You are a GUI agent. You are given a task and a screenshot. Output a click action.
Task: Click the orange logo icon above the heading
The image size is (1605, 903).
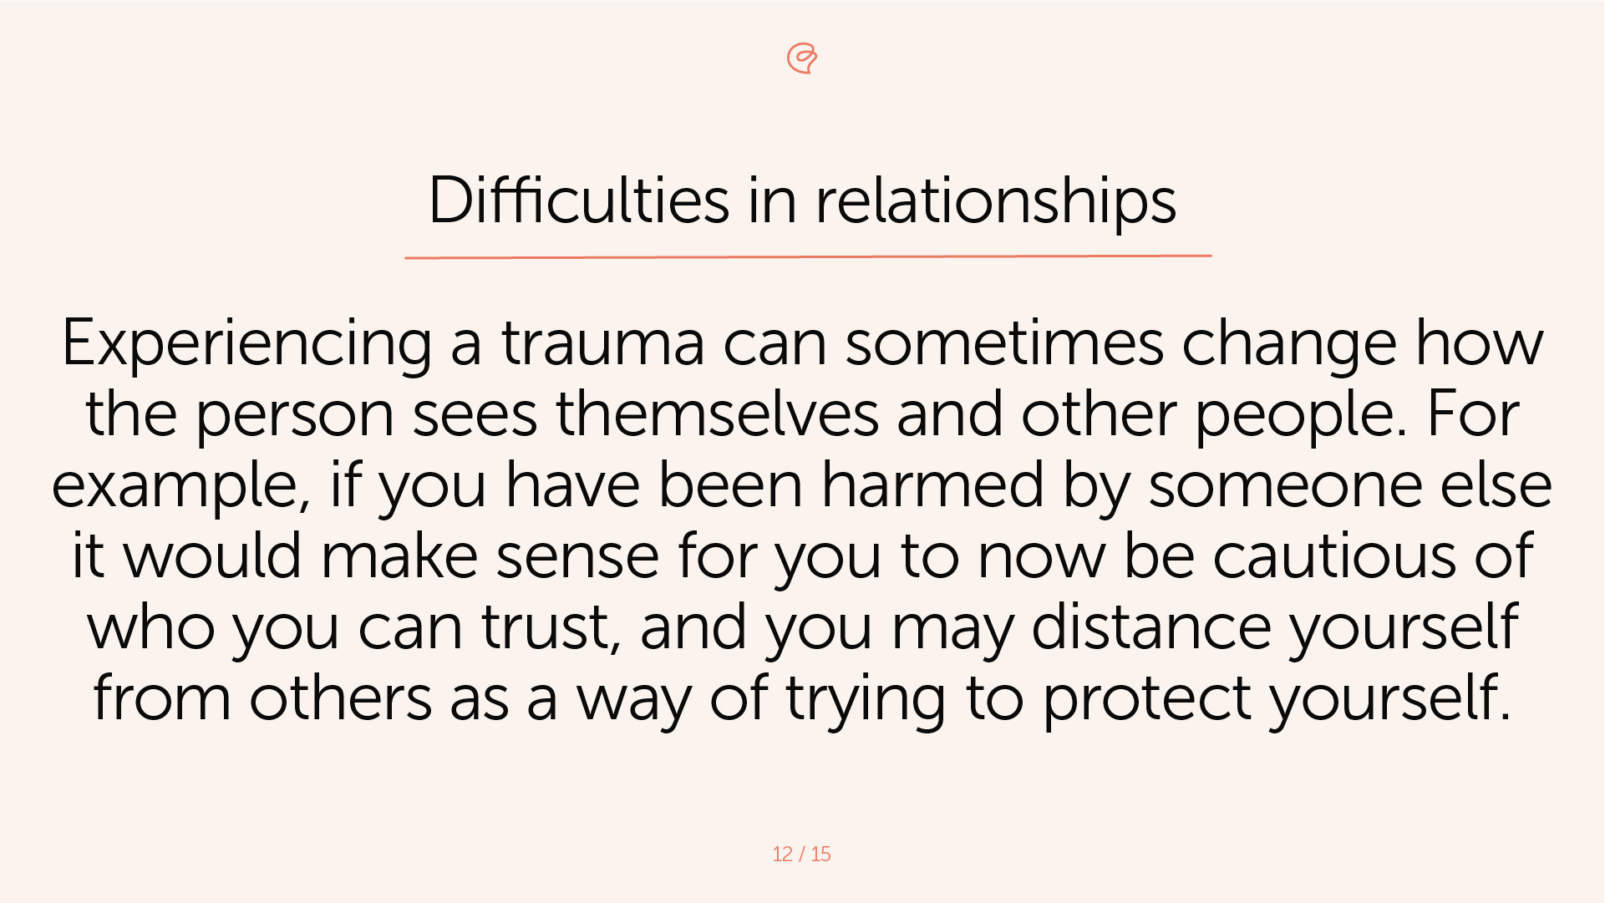(802, 58)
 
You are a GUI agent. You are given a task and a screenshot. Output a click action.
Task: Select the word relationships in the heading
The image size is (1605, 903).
(995, 200)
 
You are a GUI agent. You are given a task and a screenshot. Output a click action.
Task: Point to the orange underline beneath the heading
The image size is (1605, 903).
(807, 256)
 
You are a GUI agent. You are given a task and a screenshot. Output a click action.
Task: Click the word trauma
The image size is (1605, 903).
(602, 343)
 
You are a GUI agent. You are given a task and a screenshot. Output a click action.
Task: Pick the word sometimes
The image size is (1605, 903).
(1003, 343)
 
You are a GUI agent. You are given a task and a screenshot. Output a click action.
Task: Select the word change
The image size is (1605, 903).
(1288, 343)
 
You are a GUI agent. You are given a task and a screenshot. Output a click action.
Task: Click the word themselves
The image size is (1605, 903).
(717, 414)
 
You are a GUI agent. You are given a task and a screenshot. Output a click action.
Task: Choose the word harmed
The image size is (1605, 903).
(932, 484)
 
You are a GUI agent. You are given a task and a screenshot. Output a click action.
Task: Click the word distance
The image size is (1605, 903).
(1151, 627)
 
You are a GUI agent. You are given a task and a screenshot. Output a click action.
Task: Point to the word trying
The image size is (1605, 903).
(866, 699)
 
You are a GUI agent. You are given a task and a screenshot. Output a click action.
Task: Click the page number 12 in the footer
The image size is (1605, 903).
(782, 854)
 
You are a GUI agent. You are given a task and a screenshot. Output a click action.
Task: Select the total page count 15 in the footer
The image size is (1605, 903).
(820, 854)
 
